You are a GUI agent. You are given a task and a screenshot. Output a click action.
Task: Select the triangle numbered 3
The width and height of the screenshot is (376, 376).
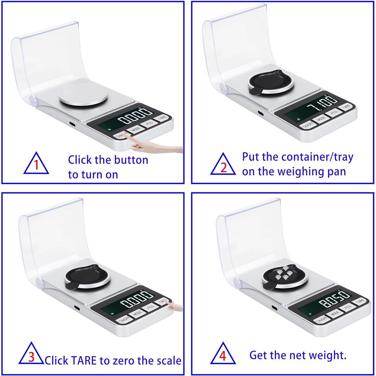point(31,355)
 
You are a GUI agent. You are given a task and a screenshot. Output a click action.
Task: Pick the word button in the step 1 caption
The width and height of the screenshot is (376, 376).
point(131,160)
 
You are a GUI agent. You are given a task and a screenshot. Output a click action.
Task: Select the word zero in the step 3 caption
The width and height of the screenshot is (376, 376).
point(121,360)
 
